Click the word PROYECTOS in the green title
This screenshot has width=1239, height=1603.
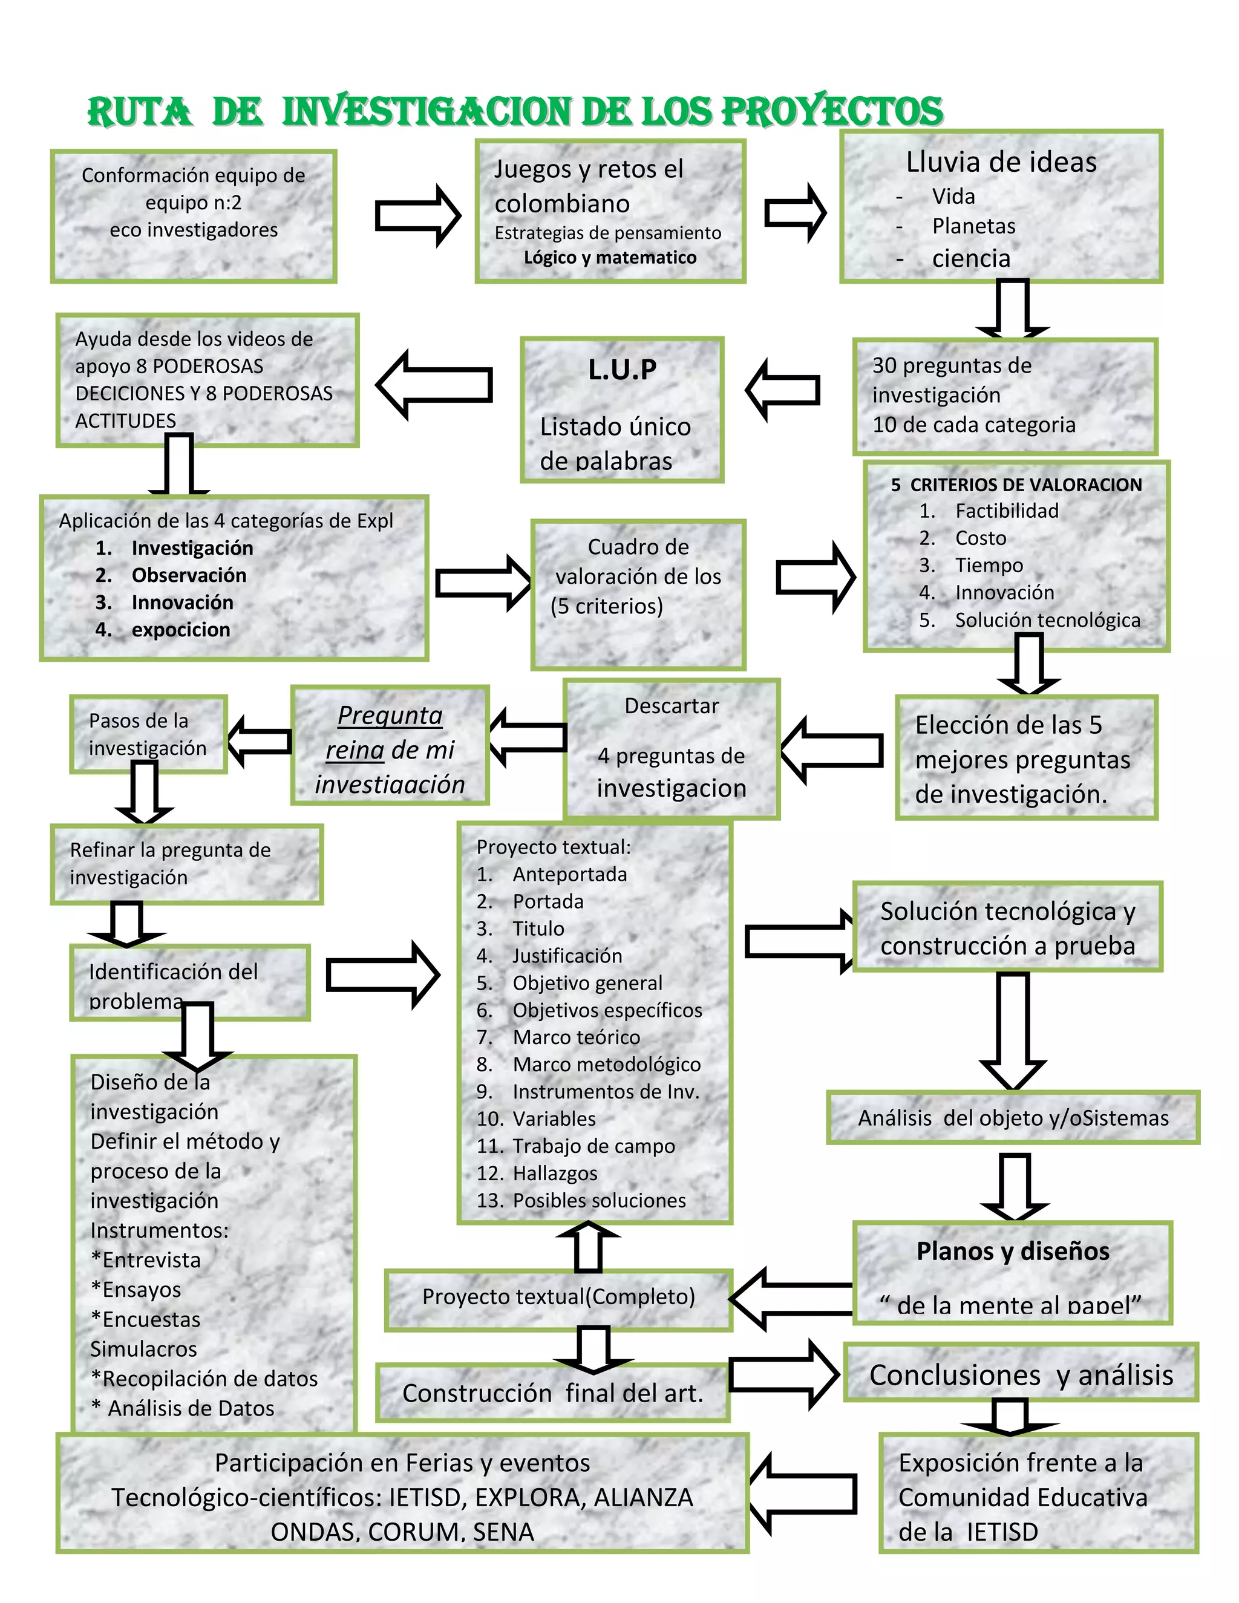click(832, 111)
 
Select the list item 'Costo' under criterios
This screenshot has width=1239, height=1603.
click(980, 538)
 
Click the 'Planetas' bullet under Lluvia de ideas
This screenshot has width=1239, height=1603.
click(973, 226)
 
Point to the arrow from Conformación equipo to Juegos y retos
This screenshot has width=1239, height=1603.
click(417, 216)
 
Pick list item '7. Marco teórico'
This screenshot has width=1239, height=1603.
click(575, 1037)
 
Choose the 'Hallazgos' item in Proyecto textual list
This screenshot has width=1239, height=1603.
click(554, 1173)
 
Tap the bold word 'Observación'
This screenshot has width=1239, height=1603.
click(189, 575)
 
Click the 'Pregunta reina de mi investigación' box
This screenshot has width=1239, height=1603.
click(390, 746)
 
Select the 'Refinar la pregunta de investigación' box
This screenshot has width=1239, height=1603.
click(186, 864)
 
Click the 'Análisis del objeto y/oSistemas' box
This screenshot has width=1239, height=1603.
click(1012, 1118)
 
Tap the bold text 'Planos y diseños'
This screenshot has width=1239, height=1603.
click(1012, 1251)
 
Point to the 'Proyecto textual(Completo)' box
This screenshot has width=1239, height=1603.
click(558, 1296)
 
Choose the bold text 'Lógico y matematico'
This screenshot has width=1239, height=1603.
click(609, 258)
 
